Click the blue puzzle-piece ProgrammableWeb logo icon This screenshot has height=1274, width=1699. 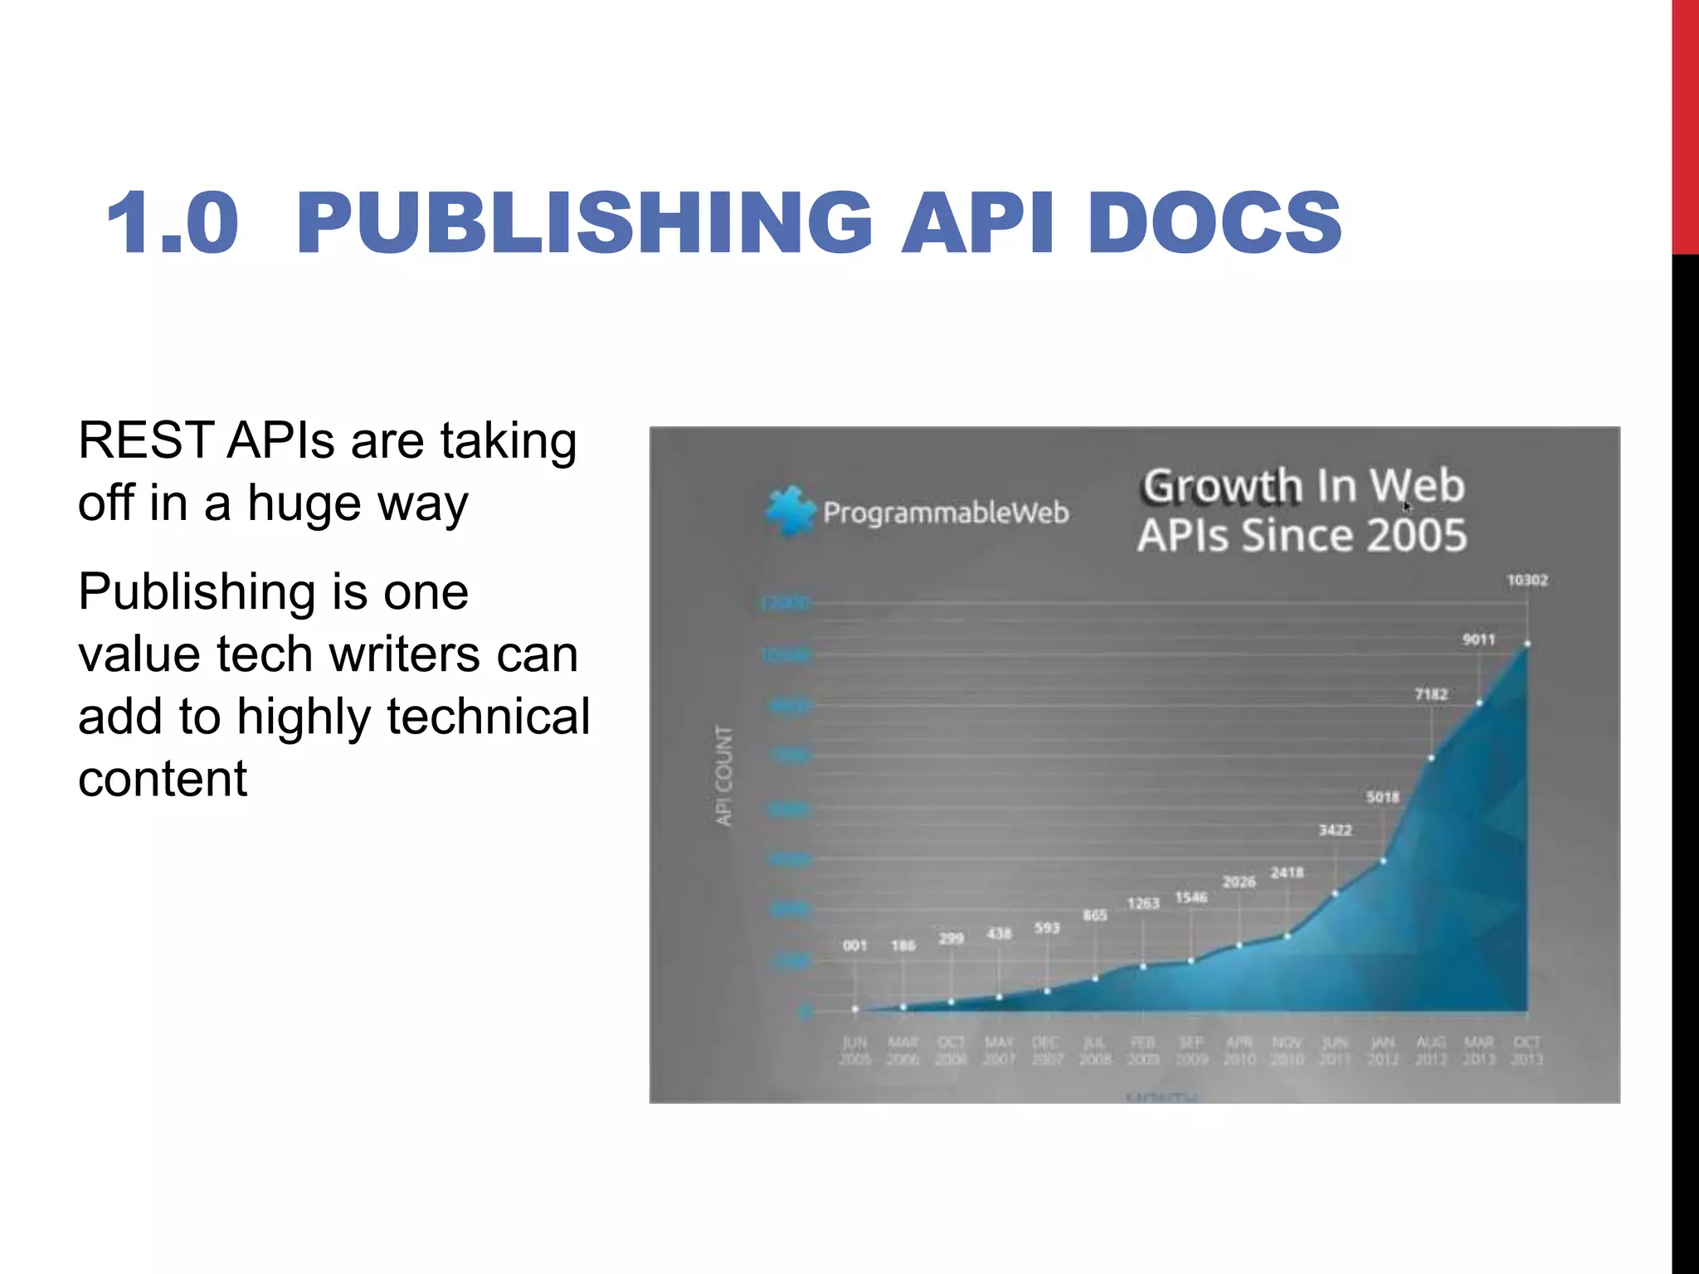(789, 511)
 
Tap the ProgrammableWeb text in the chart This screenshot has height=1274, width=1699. (946, 513)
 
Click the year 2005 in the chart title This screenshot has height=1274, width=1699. (1417, 535)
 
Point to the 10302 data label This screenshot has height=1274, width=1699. (1527, 580)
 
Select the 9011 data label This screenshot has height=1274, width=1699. (1478, 639)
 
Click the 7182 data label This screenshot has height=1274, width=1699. (1431, 694)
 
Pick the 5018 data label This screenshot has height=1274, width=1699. (1383, 797)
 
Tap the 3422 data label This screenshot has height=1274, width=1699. (1336, 829)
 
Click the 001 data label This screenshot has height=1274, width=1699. (854, 945)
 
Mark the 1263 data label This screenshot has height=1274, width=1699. (1143, 902)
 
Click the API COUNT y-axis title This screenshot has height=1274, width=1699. (724, 776)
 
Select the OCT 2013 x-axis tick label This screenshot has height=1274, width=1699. (1526, 1050)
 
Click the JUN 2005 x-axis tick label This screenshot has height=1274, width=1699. (854, 1050)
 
